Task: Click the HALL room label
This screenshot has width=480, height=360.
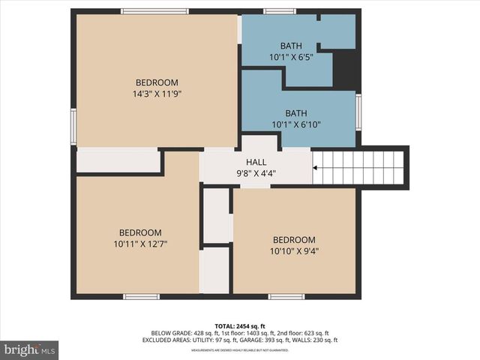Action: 256,162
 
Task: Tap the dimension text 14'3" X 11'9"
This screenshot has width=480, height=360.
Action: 157,94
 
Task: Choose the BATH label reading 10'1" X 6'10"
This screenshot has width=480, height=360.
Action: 295,124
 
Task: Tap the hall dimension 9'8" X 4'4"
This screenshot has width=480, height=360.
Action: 256,172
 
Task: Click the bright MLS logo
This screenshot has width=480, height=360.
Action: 30,349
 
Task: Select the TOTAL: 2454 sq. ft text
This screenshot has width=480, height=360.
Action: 240,325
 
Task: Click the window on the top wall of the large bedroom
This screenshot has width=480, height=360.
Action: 154,10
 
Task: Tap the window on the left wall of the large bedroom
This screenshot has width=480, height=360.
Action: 73,125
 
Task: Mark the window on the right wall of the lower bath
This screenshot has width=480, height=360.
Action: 358,111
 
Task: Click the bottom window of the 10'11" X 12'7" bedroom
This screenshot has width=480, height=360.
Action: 142,297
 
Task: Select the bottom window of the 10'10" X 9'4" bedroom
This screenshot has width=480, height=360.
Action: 286,297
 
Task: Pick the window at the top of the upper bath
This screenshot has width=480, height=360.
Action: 279,10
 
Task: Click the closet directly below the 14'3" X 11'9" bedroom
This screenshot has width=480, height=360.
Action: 118,161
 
